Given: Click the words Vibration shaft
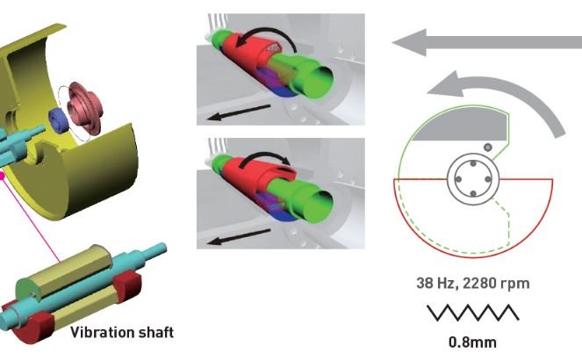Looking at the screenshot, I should [x=122, y=332].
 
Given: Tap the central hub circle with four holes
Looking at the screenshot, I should [x=474, y=180].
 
